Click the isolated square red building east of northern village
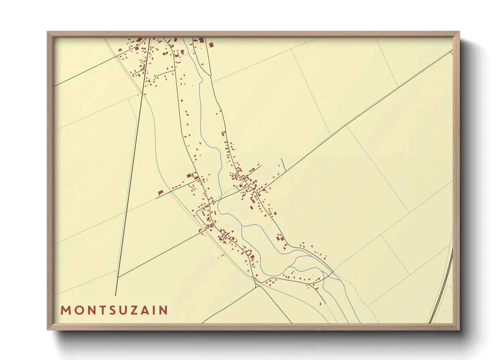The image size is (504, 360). pos(211,45)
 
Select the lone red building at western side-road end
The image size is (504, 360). pos(160,192)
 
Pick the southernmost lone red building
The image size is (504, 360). pos(320,304)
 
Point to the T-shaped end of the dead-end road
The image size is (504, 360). pos(155,76)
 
